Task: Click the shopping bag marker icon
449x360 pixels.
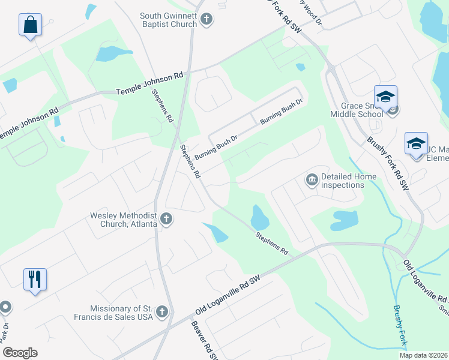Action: [30, 25]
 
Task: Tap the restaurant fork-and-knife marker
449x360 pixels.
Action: [35, 279]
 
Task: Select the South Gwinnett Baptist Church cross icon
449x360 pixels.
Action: [206, 20]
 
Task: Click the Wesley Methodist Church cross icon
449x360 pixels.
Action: [166, 220]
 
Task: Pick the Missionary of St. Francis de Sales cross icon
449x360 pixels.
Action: [161, 311]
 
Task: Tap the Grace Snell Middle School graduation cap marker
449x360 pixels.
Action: [385, 97]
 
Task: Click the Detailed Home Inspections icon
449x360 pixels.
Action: [312, 180]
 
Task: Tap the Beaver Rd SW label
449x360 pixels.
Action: [204, 340]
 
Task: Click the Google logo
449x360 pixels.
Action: [20, 353]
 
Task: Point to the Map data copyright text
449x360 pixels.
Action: [423, 355]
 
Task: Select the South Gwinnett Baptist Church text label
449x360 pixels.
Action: [168, 20]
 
